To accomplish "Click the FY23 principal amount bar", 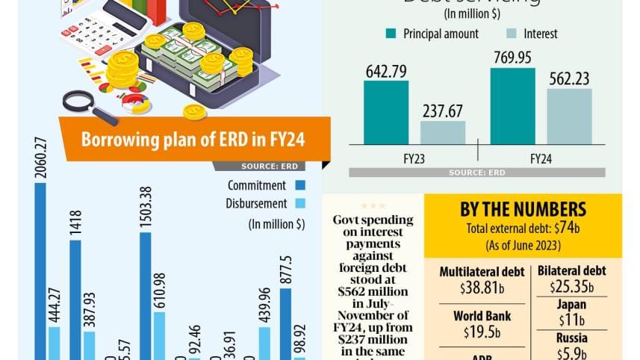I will point(386,112).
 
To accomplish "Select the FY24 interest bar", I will point(569,116).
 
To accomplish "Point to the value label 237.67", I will point(443,111).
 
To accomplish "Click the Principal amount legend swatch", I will point(391,34).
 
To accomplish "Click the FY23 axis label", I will point(414,159).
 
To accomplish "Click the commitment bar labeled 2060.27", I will point(40,269).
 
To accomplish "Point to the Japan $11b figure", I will point(571,313).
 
